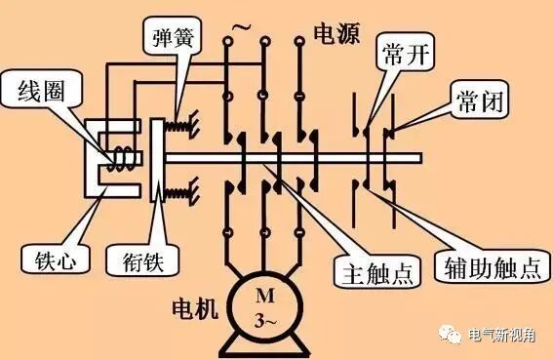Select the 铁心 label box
(41, 260)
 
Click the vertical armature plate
(159, 159)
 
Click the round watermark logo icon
(454, 336)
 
